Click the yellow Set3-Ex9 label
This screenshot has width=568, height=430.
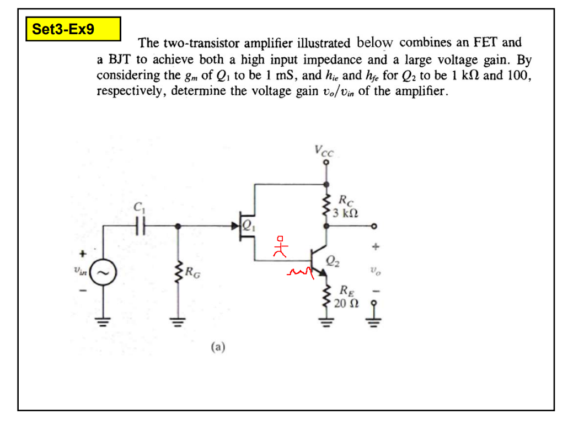[x=73, y=29]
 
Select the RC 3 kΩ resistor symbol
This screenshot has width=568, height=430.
[x=326, y=206]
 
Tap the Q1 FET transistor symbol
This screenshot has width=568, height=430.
[x=245, y=226]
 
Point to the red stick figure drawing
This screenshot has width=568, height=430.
[x=281, y=248]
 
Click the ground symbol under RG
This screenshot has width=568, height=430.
[x=178, y=322]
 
